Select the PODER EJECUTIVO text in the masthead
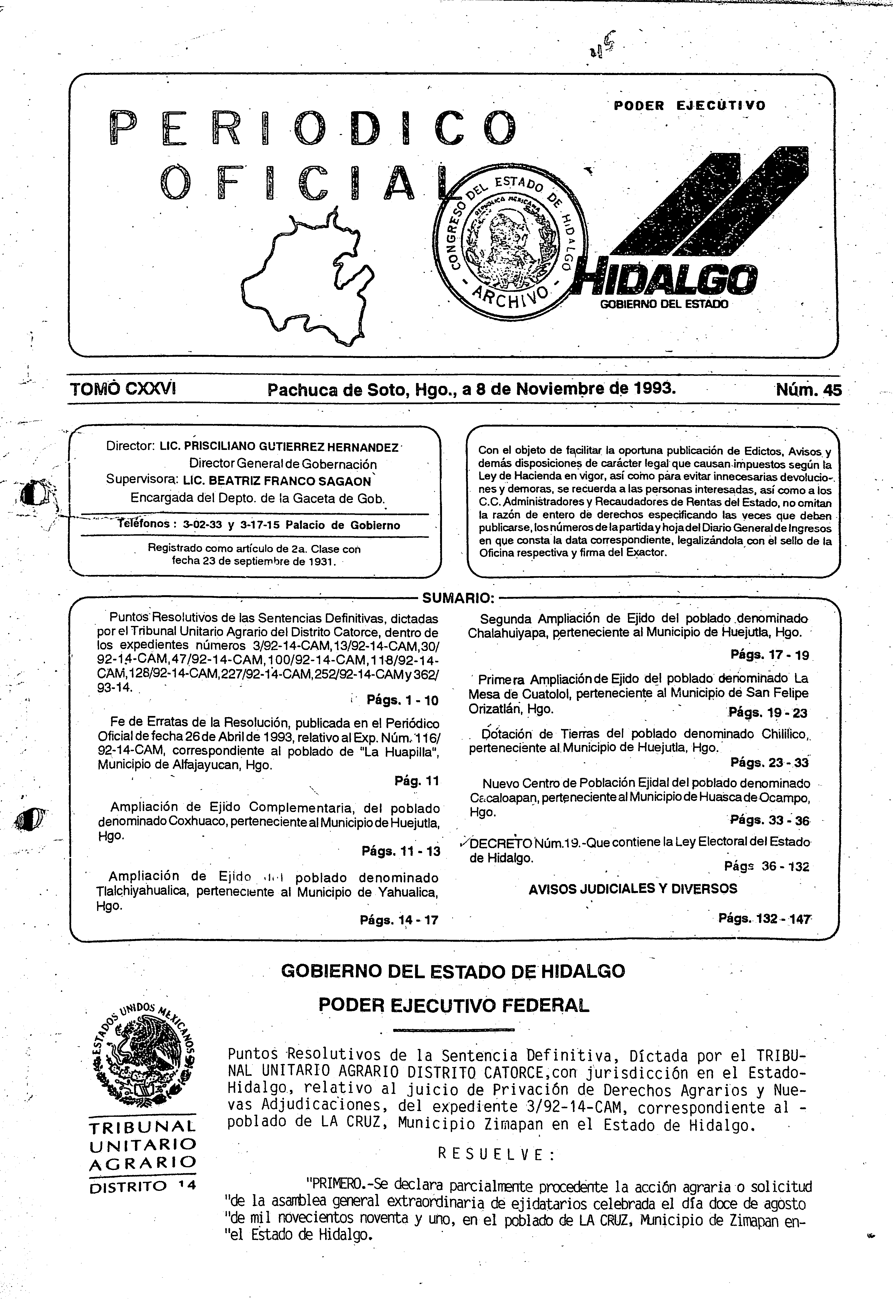(x=689, y=105)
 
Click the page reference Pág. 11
(x=417, y=780)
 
